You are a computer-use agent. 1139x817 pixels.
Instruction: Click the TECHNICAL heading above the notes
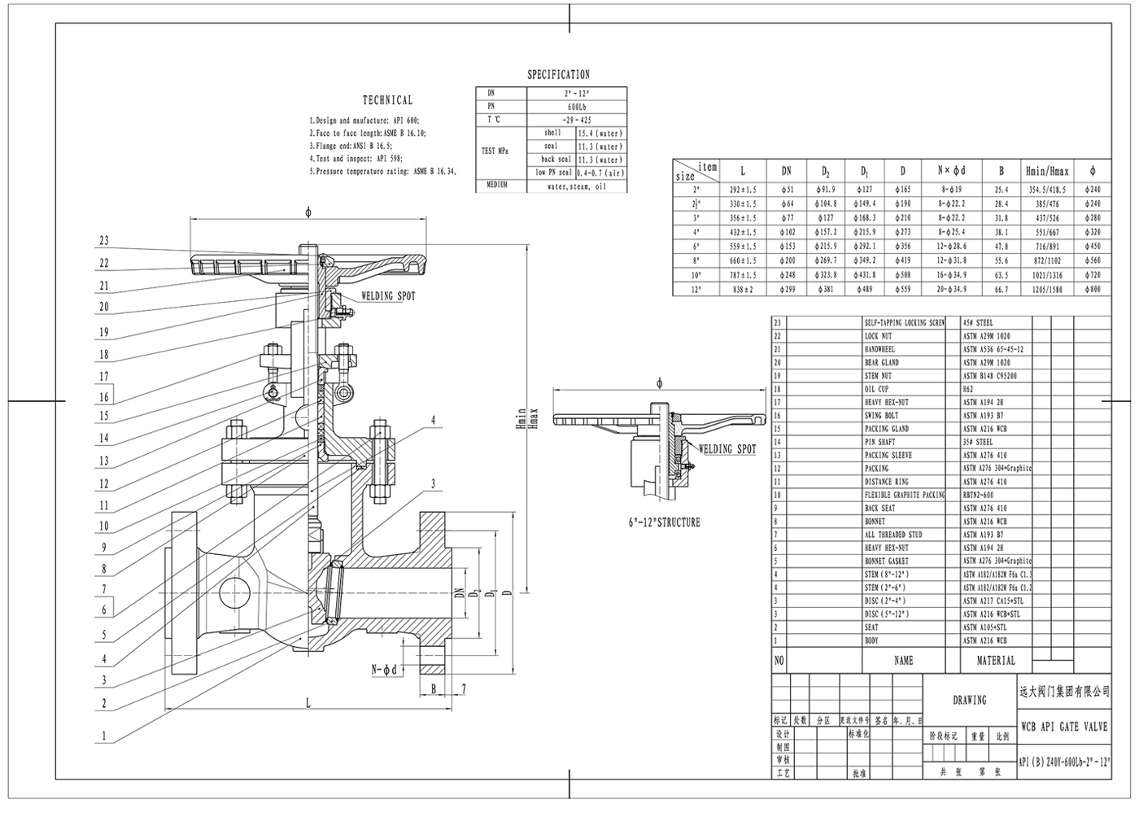[x=387, y=100]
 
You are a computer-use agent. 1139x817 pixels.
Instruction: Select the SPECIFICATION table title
[x=558, y=75]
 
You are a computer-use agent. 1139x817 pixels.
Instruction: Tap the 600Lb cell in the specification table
[x=577, y=107]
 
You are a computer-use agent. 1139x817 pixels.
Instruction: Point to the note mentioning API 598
[x=356, y=159]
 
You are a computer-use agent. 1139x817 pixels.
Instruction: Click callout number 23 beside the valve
[x=103, y=241]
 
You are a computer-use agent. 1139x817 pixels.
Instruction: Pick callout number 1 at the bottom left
[x=103, y=736]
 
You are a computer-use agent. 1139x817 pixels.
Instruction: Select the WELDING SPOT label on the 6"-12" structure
[x=727, y=449]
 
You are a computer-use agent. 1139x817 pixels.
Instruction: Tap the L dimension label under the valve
[x=308, y=701]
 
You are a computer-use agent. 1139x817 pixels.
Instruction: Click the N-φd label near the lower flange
[x=383, y=670]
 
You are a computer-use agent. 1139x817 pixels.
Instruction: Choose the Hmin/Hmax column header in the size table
[x=1048, y=172]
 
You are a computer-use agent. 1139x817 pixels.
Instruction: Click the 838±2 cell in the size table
[x=742, y=290]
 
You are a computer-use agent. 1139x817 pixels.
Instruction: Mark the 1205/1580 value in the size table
[x=1048, y=290]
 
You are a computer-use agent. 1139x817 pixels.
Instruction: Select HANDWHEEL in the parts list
[x=879, y=349]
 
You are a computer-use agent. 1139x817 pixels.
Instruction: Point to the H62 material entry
[x=969, y=389]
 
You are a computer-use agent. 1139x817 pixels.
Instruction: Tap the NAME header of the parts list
[x=903, y=661]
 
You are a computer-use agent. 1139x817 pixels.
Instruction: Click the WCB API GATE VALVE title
[x=1063, y=727]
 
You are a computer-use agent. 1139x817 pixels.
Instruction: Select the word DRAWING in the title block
[x=969, y=700]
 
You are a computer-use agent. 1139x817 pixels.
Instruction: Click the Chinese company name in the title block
[x=1064, y=691]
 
